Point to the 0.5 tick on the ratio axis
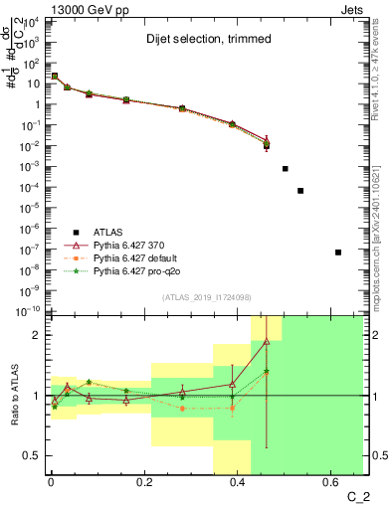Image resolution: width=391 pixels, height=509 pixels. pyautogui.click(x=33, y=455)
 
